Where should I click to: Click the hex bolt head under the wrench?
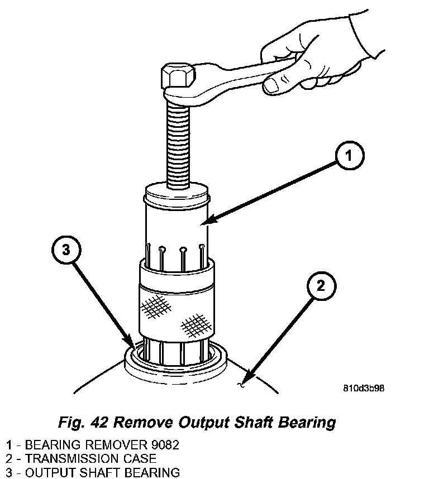(177, 78)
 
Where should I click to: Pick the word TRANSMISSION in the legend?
(71, 459)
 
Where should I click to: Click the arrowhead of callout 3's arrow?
(131, 345)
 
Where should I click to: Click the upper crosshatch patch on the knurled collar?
(156, 306)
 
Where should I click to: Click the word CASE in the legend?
(139, 459)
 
